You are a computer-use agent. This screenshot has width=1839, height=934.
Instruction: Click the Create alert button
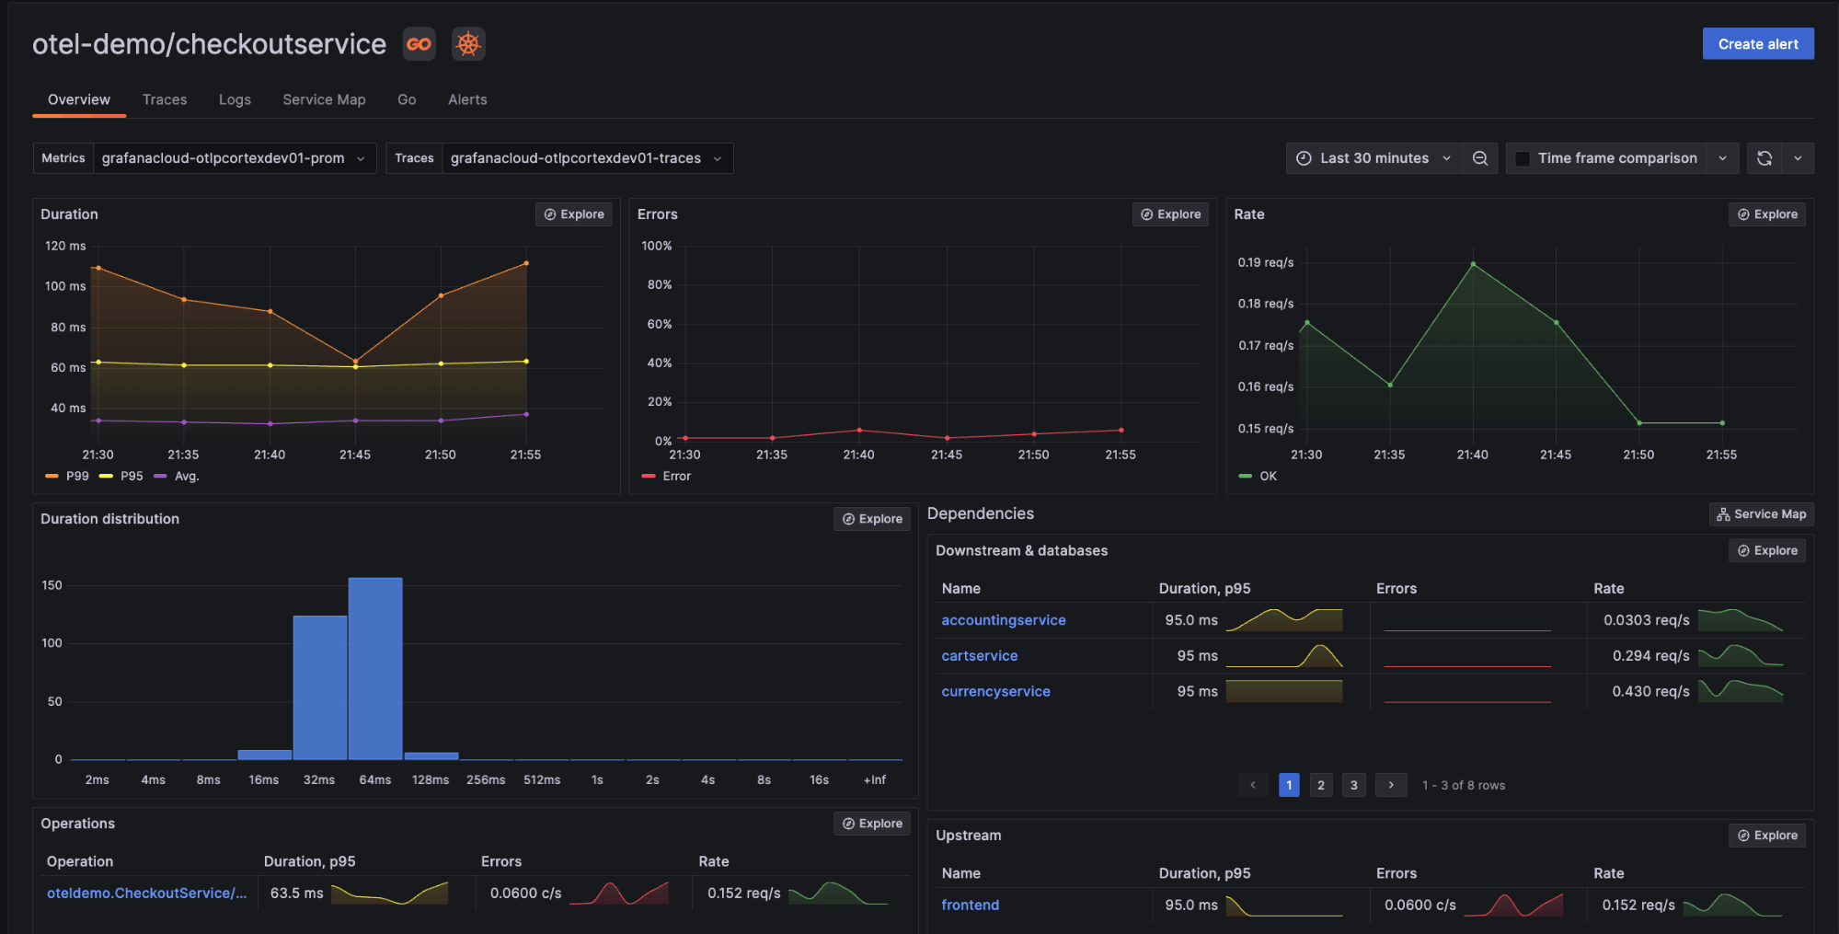(1757, 44)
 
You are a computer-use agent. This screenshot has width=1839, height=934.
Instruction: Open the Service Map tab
(324, 99)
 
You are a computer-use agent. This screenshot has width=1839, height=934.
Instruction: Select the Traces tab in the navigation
(165, 99)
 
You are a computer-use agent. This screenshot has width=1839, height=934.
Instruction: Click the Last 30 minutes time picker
(1374, 158)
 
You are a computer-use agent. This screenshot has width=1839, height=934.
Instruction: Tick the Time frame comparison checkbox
(1523, 158)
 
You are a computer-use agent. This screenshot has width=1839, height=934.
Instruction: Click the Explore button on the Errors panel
(1170, 214)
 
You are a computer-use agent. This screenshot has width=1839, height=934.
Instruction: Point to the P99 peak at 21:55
(526, 263)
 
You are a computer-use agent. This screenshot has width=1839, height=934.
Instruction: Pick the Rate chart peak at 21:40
(1473, 264)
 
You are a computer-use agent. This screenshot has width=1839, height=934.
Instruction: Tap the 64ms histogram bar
(375, 669)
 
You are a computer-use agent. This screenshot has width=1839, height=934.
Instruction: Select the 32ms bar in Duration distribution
(320, 687)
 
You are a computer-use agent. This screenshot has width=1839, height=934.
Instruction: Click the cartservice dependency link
(979, 656)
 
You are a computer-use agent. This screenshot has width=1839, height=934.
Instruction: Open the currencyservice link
(995, 691)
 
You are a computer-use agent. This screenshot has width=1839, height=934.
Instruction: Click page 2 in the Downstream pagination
(1321, 785)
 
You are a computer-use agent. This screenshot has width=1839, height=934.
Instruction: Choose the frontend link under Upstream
(970, 905)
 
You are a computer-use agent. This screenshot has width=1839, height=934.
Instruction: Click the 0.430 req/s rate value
(1650, 691)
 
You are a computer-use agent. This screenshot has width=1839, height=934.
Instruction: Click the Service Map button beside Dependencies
(1761, 514)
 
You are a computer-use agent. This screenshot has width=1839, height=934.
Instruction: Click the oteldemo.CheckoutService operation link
(146, 893)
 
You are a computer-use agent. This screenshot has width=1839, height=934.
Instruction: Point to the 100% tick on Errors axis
(657, 246)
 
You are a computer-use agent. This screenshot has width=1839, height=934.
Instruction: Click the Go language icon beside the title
(419, 44)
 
